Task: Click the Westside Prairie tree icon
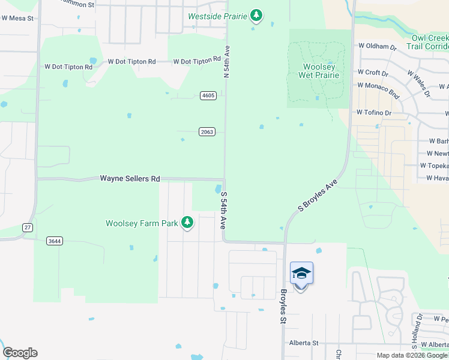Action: pos(256,15)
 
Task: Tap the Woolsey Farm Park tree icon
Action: pos(187,223)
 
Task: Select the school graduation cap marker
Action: pos(301,274)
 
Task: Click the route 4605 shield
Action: pos(208,95)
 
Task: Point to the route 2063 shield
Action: pos(207,132)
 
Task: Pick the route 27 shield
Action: pos(27,227)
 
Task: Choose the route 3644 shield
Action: pos(55,241)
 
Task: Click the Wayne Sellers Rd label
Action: pos(130,179)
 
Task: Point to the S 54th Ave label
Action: pos(223,211)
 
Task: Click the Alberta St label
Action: pos(303,343)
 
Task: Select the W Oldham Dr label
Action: pos(378,46)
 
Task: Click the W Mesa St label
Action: pos(17,19)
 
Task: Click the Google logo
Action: pos(19,353)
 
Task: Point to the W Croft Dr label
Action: pos(373,73)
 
